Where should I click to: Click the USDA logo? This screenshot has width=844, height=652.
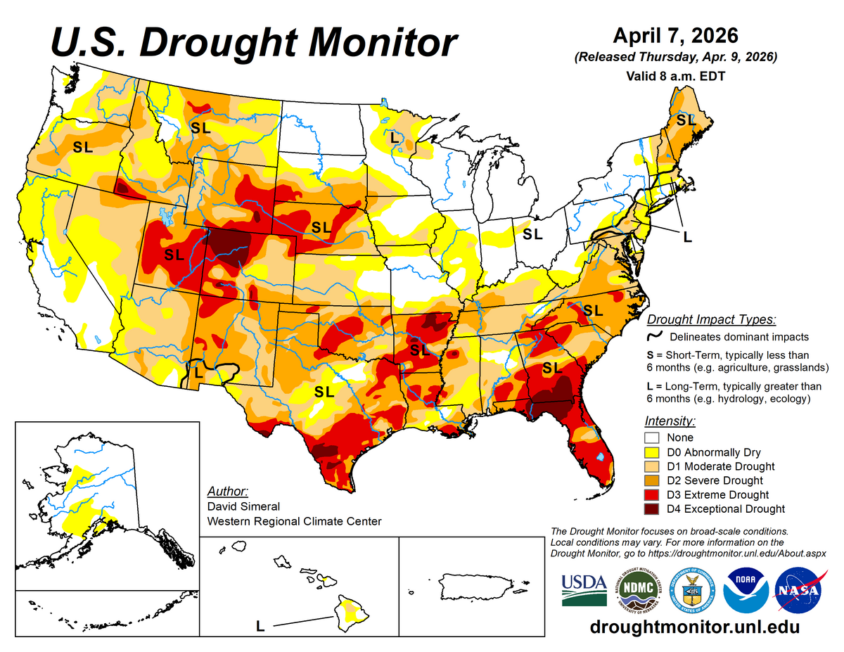[x=584, y=589]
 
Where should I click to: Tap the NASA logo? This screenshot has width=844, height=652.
[x=799, y=590]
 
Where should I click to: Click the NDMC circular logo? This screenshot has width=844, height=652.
[x=637, y=590]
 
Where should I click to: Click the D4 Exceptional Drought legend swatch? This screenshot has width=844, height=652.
[x=654, y=509]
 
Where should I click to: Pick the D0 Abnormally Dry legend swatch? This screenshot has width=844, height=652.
[x=654, y=452]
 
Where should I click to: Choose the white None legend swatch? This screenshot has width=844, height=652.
[x=654, y=437]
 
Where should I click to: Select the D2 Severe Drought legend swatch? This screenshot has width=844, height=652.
[x=654, y=480]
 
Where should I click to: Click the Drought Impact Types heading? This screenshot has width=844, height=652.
[x=711, y=319]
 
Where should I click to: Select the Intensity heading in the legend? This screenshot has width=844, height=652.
[x=670, y=421]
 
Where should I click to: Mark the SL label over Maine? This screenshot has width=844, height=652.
[x=685, y=120]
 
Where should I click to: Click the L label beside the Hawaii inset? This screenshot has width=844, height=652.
[x=260, y=624]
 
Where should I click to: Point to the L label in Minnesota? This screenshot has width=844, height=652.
[x=395, y=137]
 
